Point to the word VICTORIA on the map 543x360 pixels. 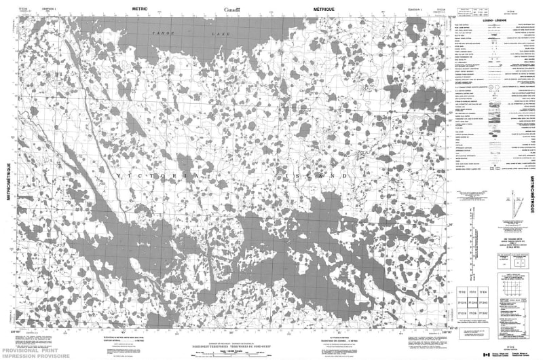tap(156, 176)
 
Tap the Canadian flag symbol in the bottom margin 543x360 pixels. tap(486, 353)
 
